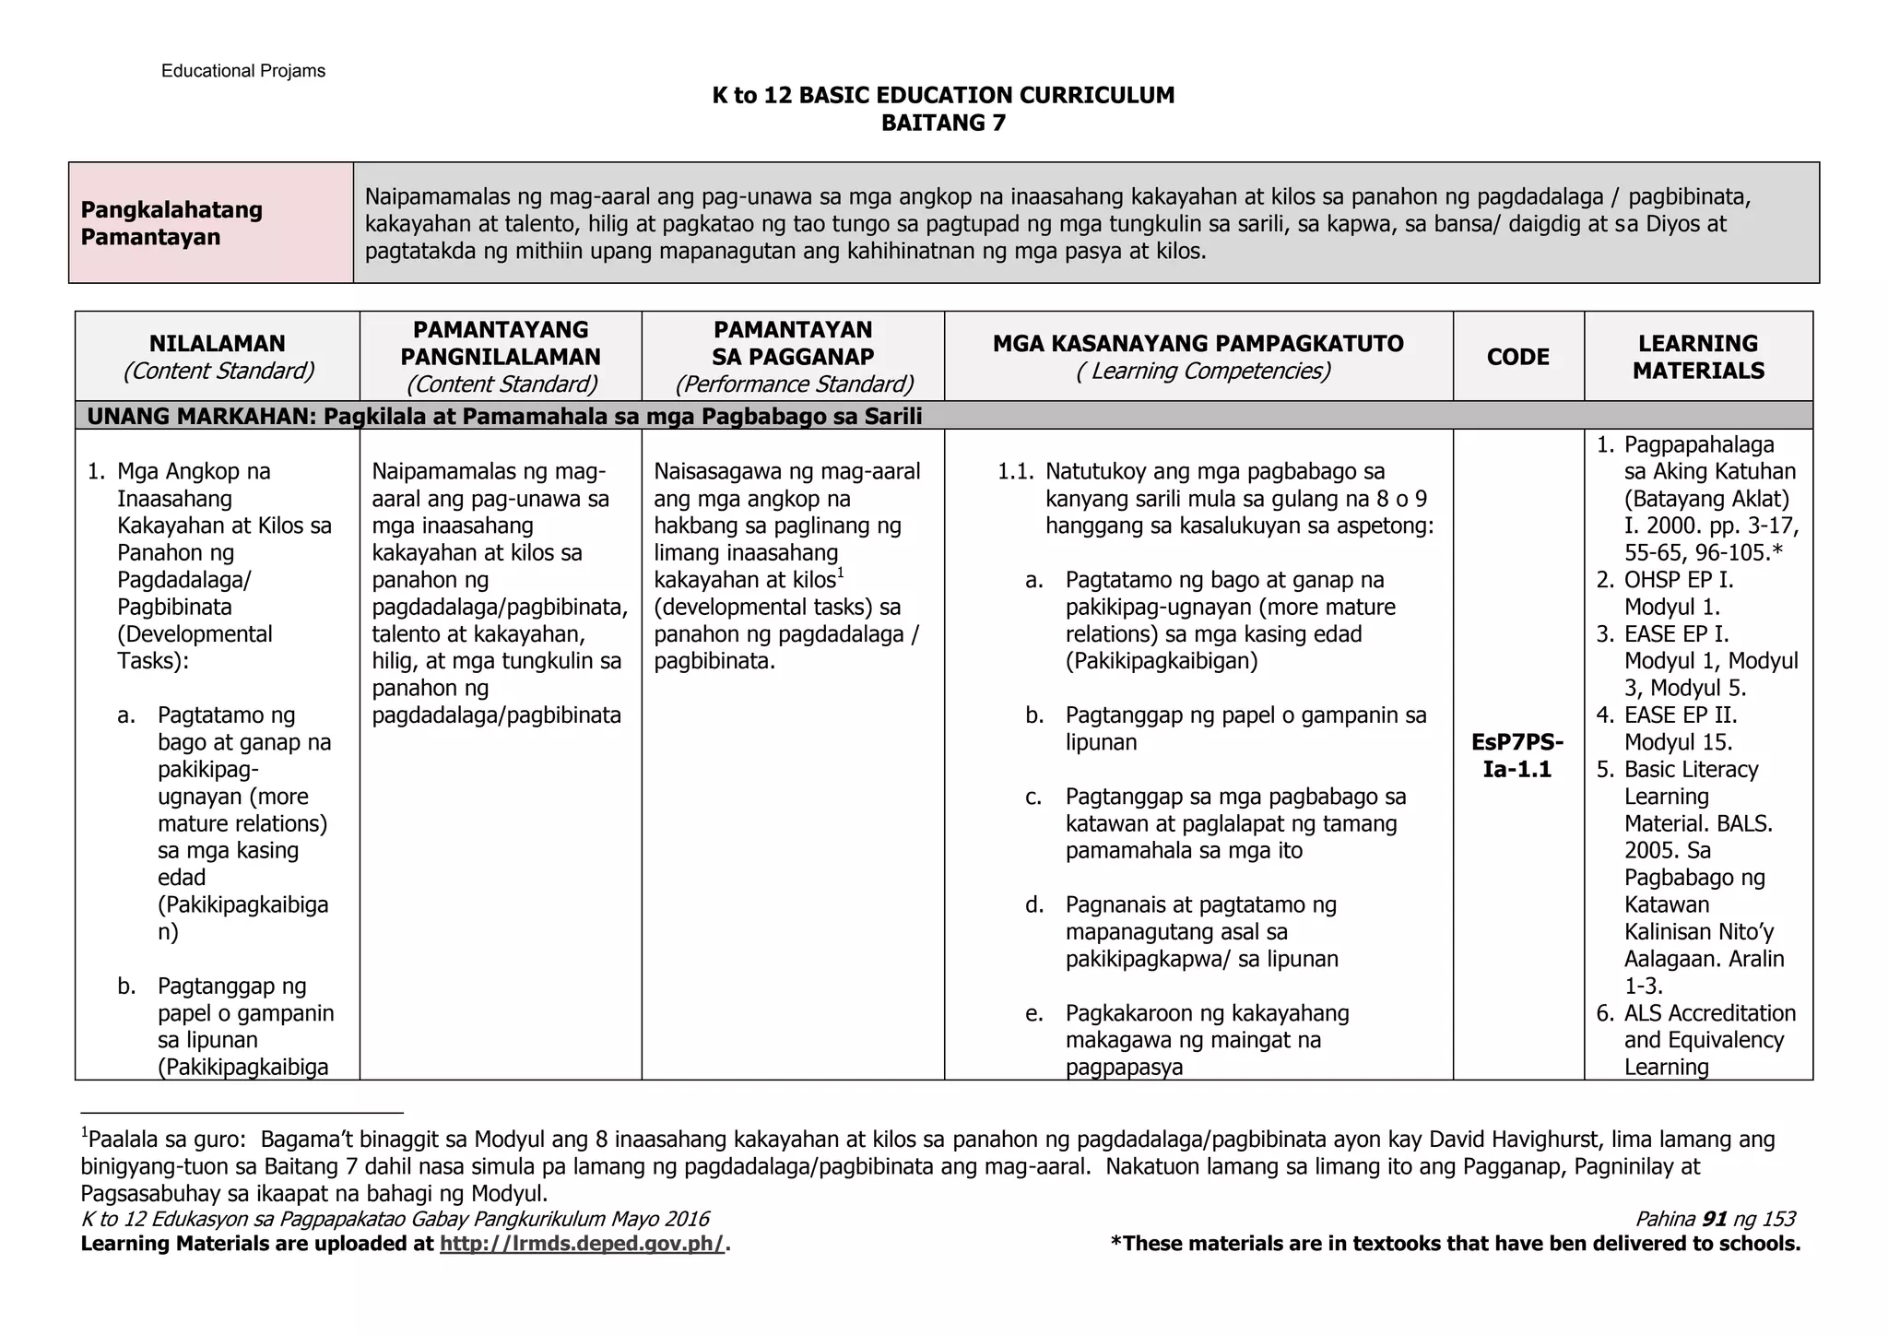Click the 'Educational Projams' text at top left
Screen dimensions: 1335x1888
[x=242, y=71]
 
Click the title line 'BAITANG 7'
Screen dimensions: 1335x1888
[x=943, y=123]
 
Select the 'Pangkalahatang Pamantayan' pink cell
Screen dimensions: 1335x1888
[x=210, y=223]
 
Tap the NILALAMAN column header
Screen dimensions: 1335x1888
[x=218, y=356]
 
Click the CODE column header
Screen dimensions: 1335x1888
[x=1517, y=357]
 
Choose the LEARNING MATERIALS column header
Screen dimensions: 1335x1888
[x=1698, y=357]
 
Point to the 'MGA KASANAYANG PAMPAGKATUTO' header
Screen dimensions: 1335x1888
[x=1198, y=344]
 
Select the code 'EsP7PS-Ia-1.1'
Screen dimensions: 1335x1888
[x=1517, y=756]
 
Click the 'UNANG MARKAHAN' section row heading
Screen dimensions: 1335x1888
[x=504, y=417]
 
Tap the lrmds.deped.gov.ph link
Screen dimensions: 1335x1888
[x=583, y=1244]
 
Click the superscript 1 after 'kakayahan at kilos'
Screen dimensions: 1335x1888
[x=841, y=574]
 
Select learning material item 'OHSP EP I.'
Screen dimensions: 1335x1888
[x=1678, y=580]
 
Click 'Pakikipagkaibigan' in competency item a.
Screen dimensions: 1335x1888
[x=1161, y=661]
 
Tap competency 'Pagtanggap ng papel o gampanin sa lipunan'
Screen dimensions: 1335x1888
[x=1245, y=728]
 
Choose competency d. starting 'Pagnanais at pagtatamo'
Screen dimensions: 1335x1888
[x=1200, y=905]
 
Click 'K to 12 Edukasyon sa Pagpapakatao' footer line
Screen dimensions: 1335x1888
[x=395, y=1219]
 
